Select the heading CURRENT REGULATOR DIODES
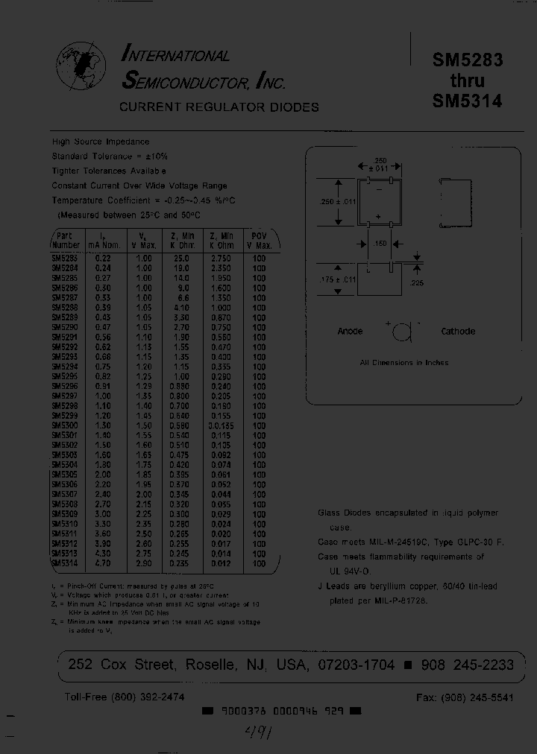(x=219, y=107)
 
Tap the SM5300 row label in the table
(x=65, y=425)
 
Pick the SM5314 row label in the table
(x=65, y=564)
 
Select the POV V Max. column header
(x=260, y=240)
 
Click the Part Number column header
(x=66, y=240)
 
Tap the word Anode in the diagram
(x=350, y=332)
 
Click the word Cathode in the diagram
(x=458, y=332)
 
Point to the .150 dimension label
(x=380, y=243)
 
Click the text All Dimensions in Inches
(x=403, y=363)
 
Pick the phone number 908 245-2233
(x=464, y=665)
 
